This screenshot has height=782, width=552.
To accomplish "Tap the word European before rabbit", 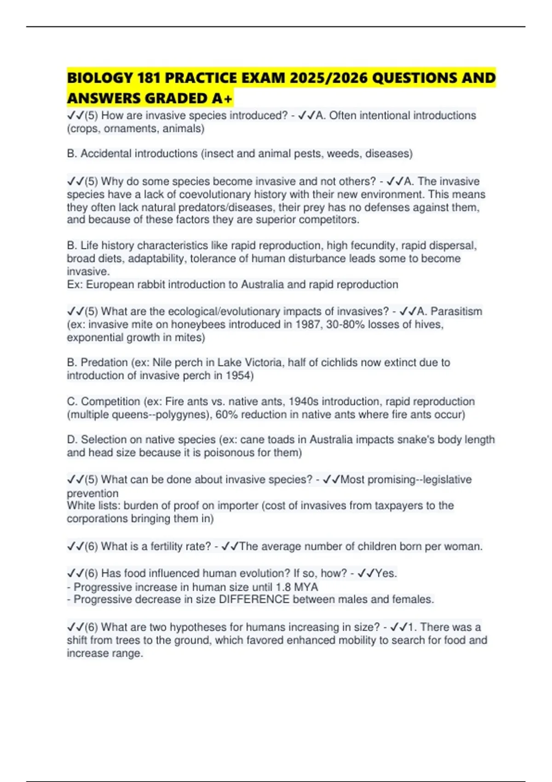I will (x=108, y=284).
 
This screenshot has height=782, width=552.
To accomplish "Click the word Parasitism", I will (x=456, y=311).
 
